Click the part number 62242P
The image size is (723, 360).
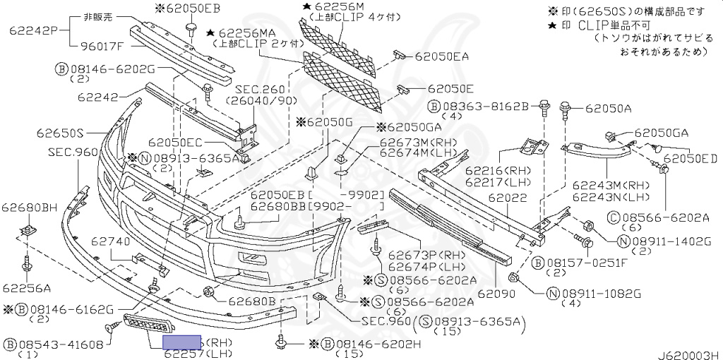[x=33, y=31]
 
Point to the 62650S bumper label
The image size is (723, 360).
[x=60, y=133]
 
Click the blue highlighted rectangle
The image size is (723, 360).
[x=183, y=343]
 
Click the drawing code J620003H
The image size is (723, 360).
[x=690, y=354]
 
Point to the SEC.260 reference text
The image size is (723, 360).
[x=245, y=90]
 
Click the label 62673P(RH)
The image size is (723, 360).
[x=414, y=254]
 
